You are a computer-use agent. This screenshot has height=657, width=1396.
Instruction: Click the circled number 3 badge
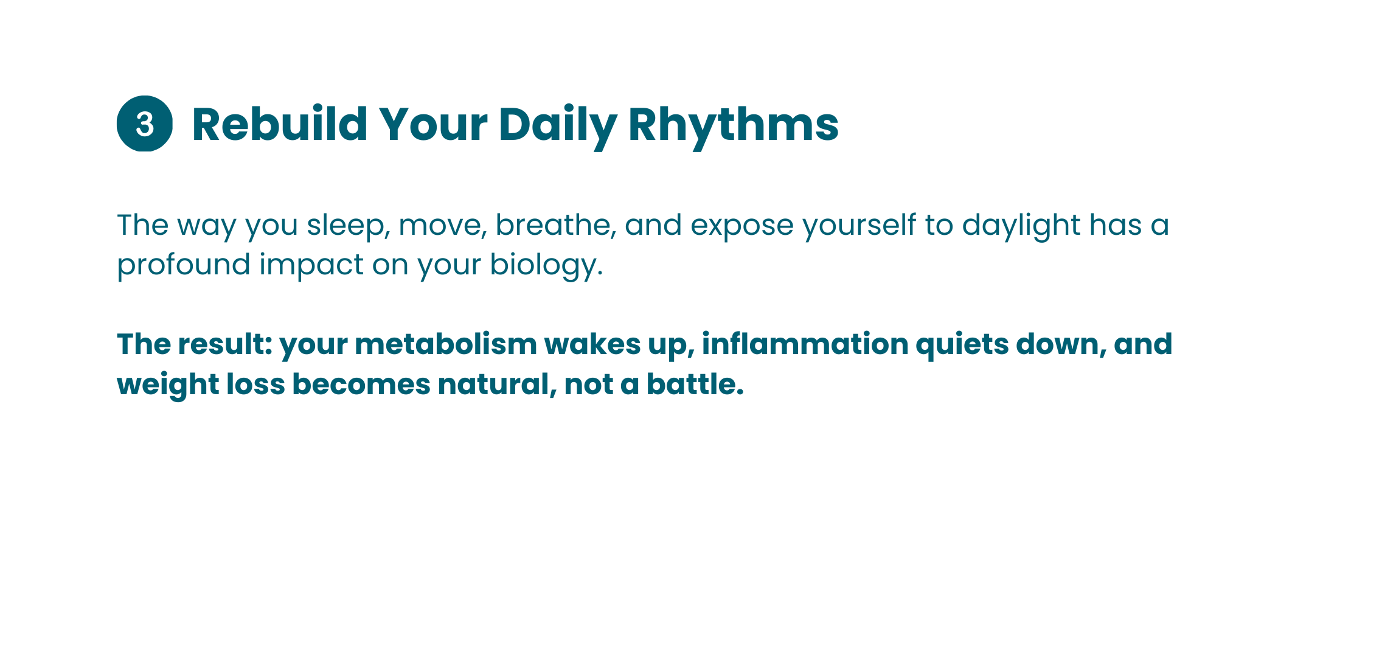point(145,123)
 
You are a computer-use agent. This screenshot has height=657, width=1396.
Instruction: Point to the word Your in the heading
point(433,125)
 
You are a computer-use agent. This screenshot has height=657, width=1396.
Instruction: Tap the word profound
point(184,265)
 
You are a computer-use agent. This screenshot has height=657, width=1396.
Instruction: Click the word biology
point(546,265)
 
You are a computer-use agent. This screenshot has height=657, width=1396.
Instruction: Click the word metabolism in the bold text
point(446,345)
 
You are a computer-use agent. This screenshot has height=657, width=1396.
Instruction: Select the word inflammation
point(805,344)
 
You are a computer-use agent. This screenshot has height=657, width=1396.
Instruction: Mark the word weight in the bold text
point(168,385)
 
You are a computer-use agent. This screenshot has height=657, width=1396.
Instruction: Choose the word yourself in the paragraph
point(859,226)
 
